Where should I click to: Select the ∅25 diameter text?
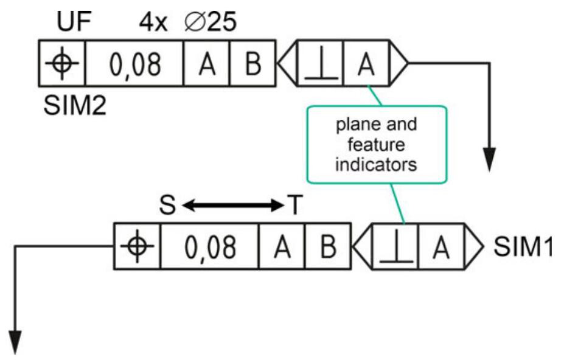[209, 24]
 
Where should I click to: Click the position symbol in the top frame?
[62, 63]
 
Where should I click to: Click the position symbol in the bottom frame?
[138, 246]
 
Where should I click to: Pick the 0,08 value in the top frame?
[134, 63]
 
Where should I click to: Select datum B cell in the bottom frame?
[327, 246]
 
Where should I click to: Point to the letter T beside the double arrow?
[294, 206]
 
